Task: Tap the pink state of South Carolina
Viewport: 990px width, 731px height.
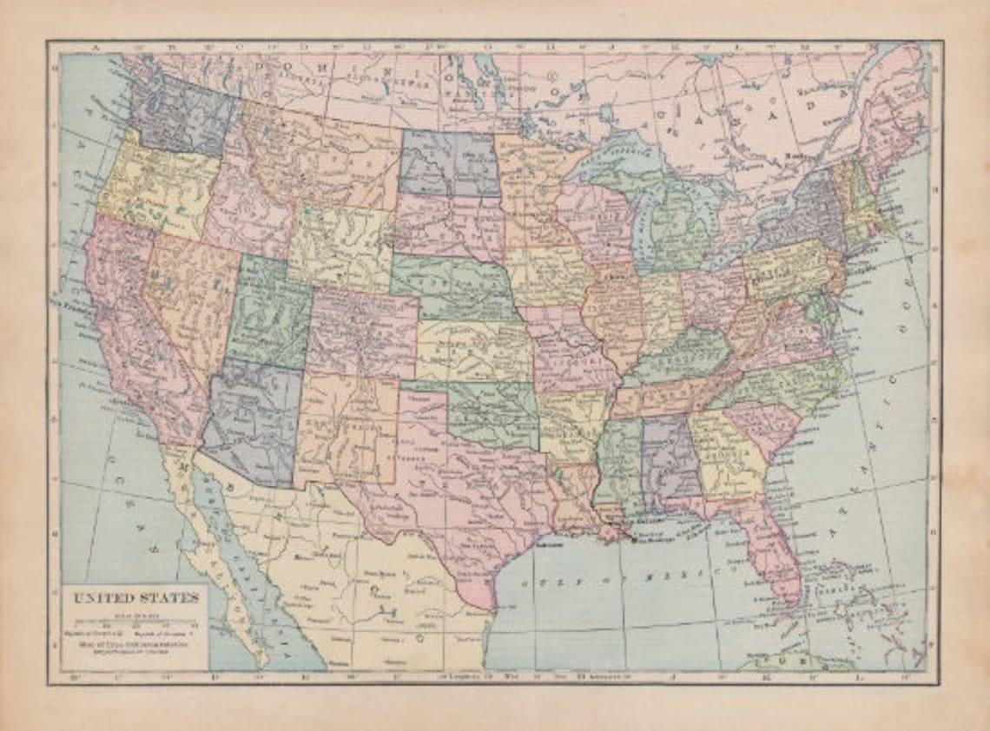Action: pyautogui.click(x=764, y=427)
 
